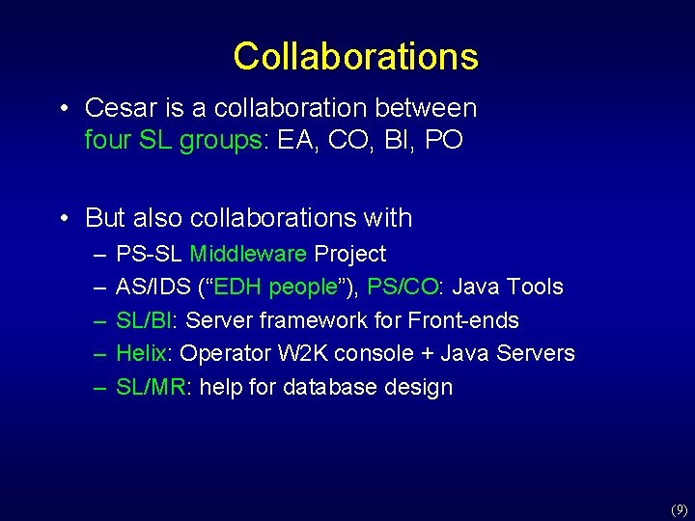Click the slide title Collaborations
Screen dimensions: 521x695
(355, 56)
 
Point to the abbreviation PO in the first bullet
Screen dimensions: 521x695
(443, 140)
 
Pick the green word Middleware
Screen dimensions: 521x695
(249, 254)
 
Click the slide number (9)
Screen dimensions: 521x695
(679, 508)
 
